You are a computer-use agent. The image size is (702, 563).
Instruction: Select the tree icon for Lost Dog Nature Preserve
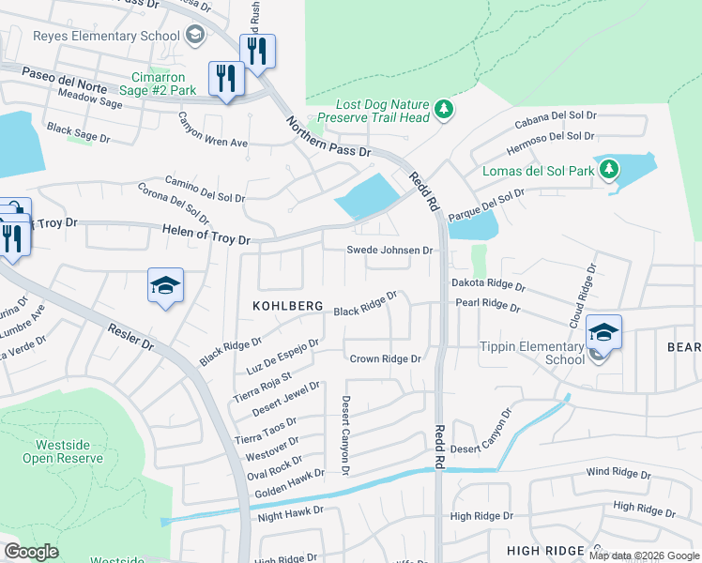pos(443,111)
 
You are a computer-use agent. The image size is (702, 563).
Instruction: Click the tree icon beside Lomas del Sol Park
pos(610,169)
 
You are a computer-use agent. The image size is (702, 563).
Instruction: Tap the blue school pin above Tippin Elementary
pos(603,333)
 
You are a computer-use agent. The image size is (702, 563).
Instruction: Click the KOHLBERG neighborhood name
pos(287,307)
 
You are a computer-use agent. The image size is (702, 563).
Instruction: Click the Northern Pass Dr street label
pos(328,137)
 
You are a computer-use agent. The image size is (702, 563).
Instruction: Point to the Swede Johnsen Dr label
pos(389,251)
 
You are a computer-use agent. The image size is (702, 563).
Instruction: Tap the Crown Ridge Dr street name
pos(385,358)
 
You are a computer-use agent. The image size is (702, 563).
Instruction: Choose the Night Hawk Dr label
pos(290,514)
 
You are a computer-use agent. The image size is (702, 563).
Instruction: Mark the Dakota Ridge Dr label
pos(488,282)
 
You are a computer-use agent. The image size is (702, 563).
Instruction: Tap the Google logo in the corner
pos(32,552)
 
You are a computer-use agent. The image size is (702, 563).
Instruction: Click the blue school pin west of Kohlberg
pos(165,286)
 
